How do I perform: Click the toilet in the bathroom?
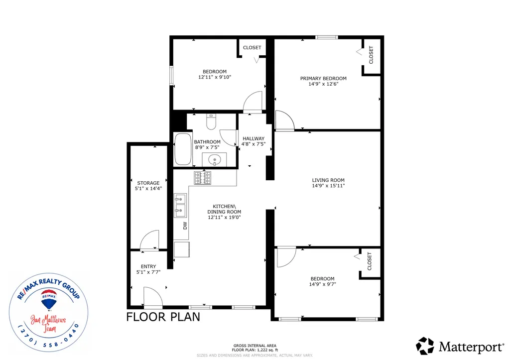(x=211, y=121)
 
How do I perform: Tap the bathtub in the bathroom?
(x=183, y=149)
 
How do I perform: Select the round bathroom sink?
(x=215, y=160)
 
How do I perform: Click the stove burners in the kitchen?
(x=203, y=178)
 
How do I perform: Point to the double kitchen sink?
(x=180, y=205)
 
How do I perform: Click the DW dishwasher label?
(x=185, y=226)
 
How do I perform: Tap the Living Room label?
(x=328, y=180)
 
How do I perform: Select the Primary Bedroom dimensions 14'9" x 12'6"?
(x=323, y=84)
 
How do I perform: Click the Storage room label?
(x=148, y=183)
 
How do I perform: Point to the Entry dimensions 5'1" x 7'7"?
(x=148, y=272)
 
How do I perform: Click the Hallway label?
(x=254, y=138)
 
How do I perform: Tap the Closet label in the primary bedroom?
(x=371, y=55)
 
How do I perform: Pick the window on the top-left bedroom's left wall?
(x=171, y=76)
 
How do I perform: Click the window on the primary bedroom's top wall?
(x=327, y=37)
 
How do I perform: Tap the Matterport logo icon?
(x=425, y=346)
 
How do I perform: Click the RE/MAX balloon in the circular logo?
(x=49, y=300)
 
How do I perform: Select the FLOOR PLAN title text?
(x=163, y=317)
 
